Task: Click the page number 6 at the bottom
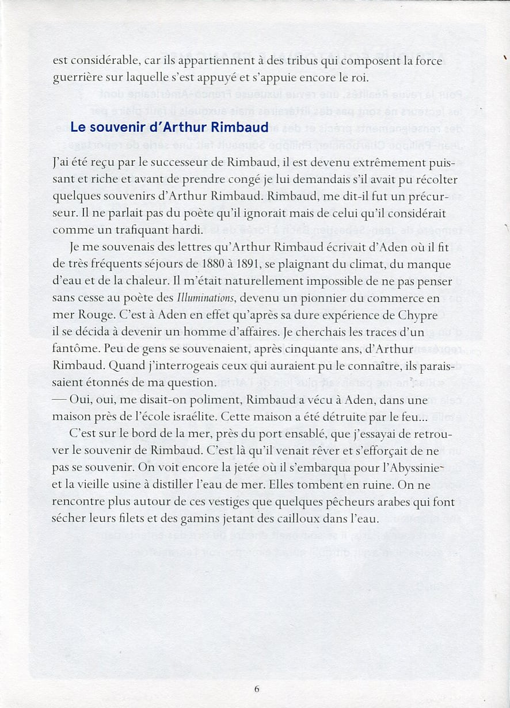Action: click(x=257, y=689)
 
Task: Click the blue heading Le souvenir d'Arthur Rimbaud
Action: click(x=161, y=128)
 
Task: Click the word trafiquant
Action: click(x=139, y=230)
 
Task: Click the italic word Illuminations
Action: click(x=205, y=298)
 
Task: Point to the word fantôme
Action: click(x=75, y=349)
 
